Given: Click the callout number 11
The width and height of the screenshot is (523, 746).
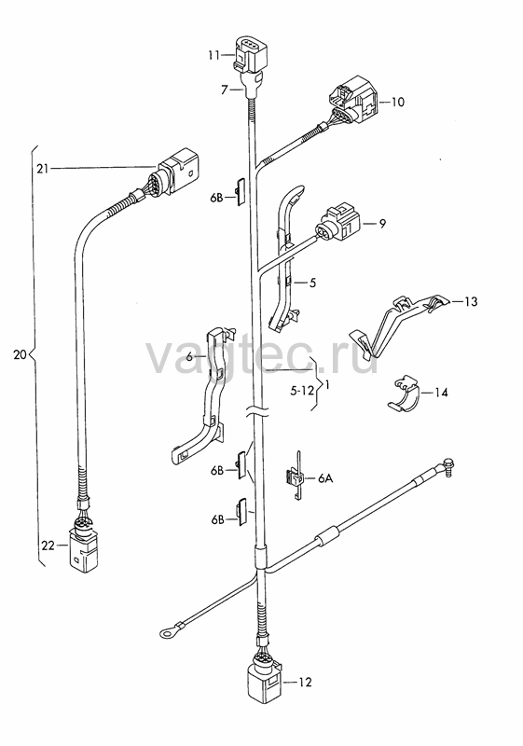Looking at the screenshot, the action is (213, 56).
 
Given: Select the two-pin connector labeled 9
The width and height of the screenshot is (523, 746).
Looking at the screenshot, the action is (340, 223).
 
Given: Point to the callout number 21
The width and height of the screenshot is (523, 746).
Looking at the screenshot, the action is (43, 169).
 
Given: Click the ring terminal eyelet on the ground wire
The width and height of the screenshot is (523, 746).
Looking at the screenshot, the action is (167, 631).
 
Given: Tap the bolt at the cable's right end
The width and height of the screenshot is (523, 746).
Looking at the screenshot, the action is (448, 464).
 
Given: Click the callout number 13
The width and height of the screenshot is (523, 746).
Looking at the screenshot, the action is (470, 301).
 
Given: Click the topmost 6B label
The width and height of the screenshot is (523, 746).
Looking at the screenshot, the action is (216, 198).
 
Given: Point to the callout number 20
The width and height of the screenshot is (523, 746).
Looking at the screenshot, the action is (20, 354).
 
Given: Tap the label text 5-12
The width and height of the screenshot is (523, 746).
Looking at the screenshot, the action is (302, 391).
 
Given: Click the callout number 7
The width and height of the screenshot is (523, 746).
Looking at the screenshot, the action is (225, 90).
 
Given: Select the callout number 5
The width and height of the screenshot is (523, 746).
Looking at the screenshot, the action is (312, 283).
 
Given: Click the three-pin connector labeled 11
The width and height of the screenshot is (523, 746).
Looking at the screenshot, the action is (250, 54).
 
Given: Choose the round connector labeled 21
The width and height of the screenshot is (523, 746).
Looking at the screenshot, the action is (175, 173).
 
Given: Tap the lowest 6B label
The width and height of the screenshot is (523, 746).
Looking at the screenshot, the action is (217, 519).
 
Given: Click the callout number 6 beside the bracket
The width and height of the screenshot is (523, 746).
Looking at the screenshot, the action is (189, 356).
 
